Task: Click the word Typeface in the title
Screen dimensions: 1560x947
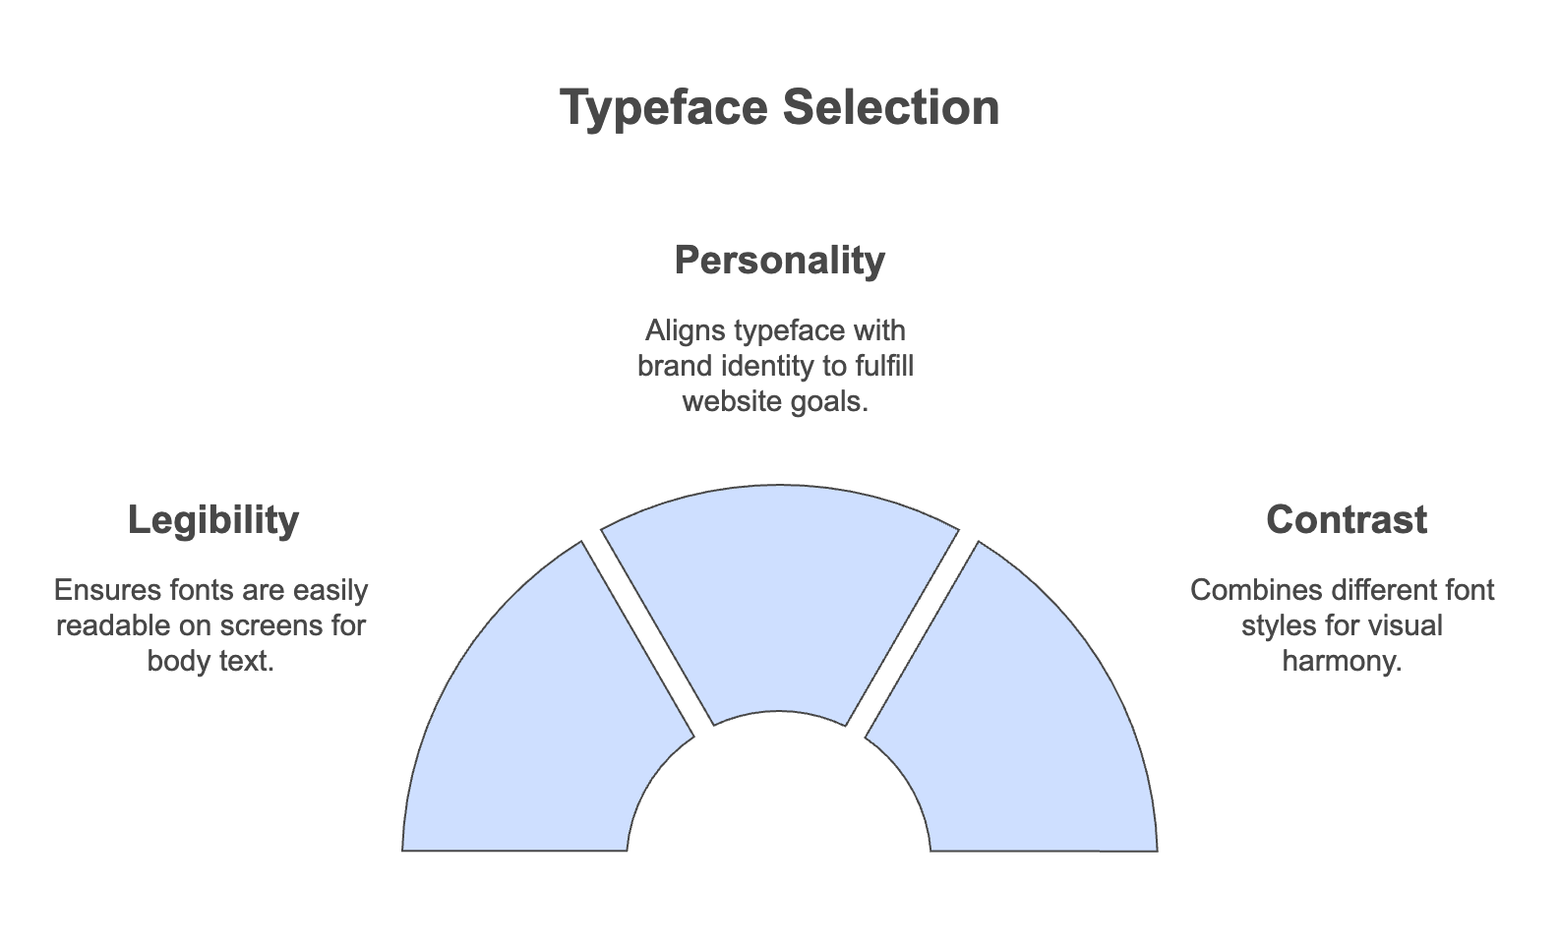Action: (x=664, y=108)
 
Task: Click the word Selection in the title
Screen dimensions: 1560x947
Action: (x=891, y=107)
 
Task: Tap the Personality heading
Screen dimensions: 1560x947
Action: (x=779, y=261)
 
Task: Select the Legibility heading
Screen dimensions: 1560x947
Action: (x=213, y=520)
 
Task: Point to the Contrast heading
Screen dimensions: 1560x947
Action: (x=1347, y=519)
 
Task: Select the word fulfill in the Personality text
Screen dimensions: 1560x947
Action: (x=884, y=366)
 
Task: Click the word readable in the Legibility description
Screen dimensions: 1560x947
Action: (x=113, y=625)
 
